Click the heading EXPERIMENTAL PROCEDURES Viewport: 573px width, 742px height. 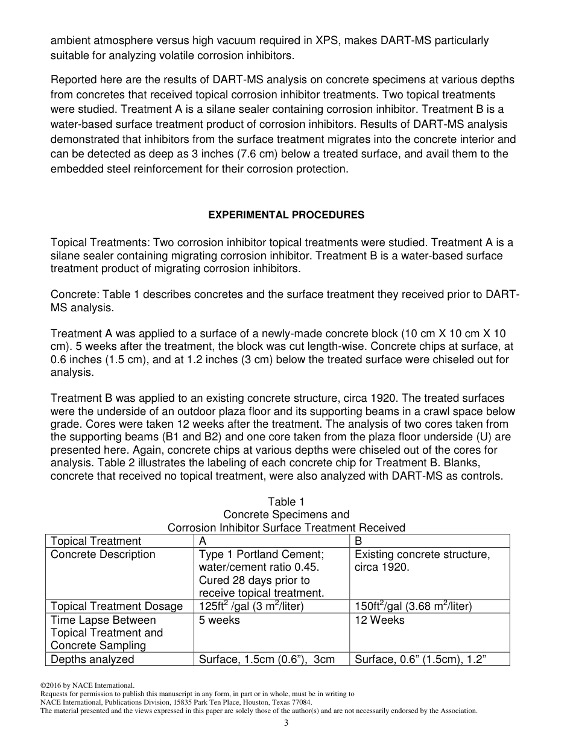286,215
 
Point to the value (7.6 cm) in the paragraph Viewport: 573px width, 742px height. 309,154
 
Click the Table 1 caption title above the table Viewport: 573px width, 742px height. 286,502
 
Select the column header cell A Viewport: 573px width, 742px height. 203,541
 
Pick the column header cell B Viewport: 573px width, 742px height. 358,541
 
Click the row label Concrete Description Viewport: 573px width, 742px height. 103,554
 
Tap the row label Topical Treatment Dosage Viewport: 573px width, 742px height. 116,606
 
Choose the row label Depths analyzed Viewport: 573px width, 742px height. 92,659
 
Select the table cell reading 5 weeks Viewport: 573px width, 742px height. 219,620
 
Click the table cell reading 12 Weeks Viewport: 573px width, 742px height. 379,620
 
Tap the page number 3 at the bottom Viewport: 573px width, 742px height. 286,723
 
